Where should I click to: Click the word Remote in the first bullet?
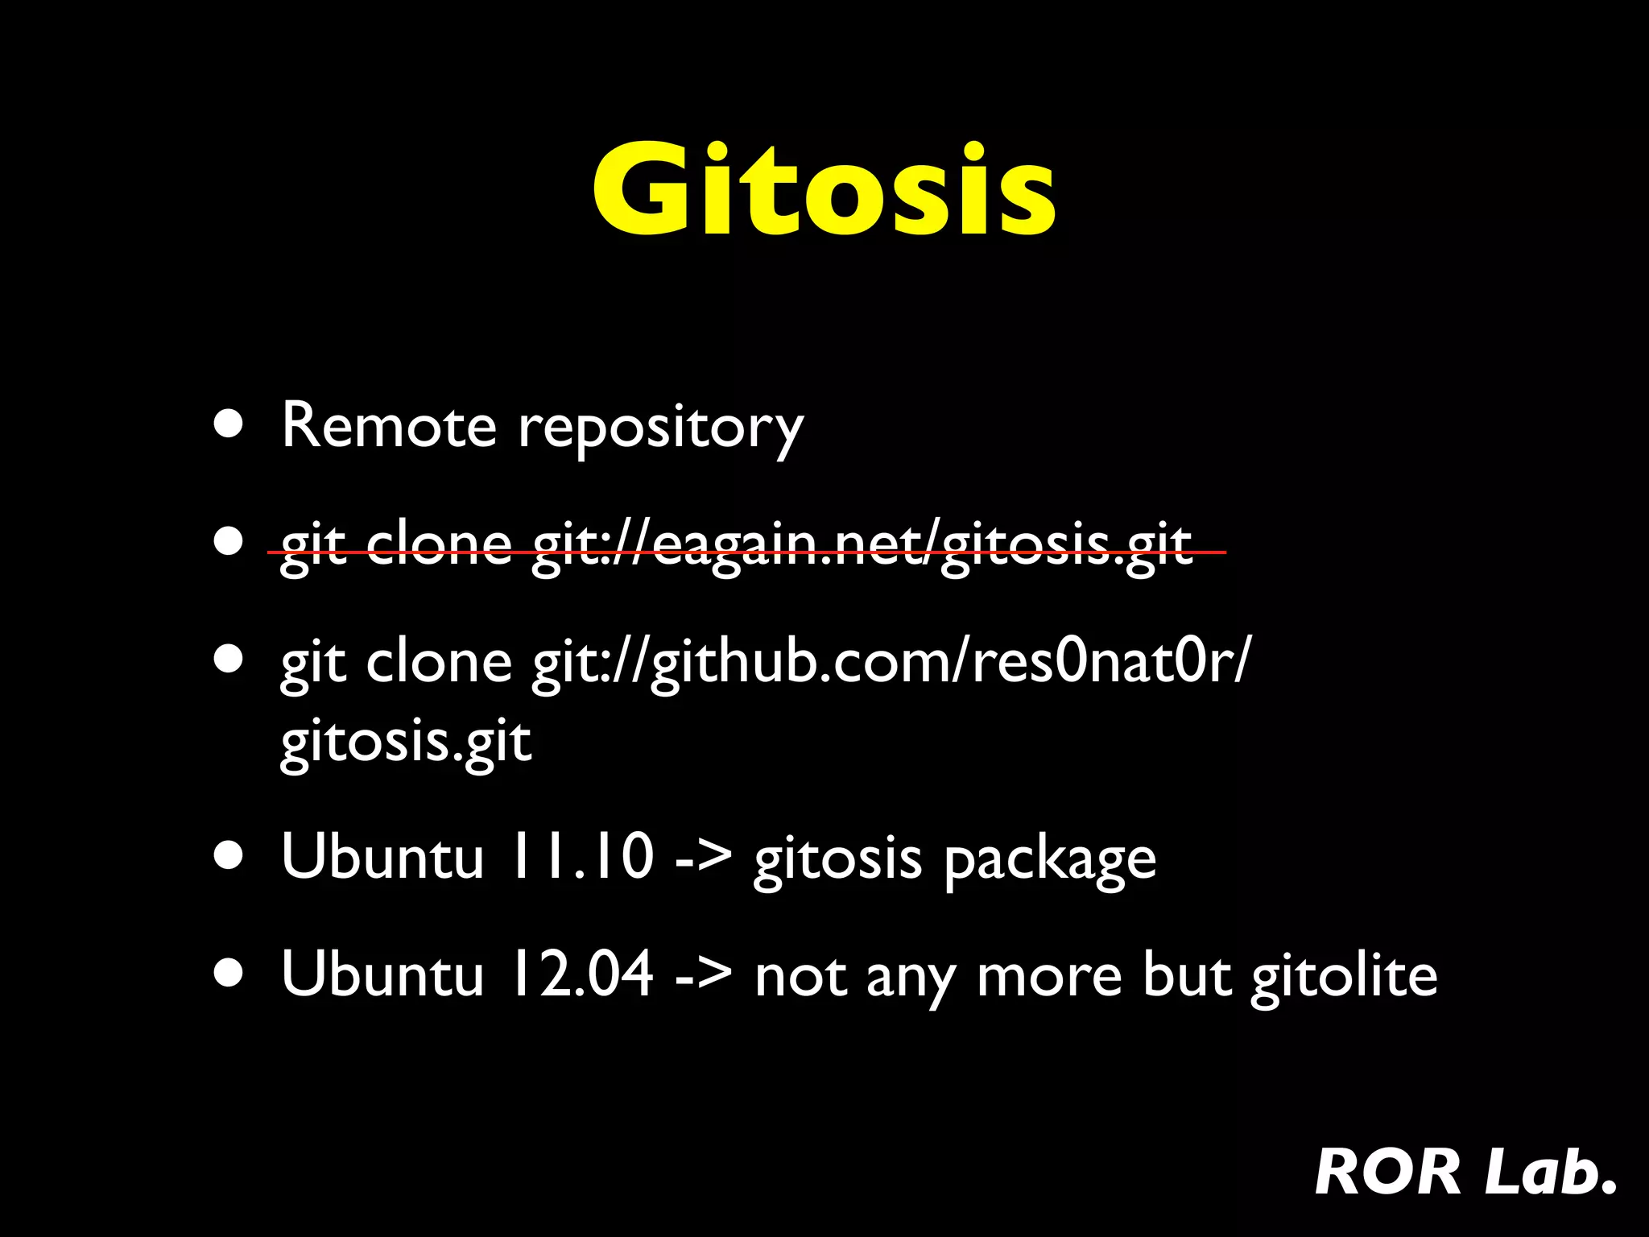pos(389,425)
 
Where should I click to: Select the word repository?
pos(660,427)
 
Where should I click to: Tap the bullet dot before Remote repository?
pos(229,424)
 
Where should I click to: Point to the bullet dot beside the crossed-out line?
pos(229,542)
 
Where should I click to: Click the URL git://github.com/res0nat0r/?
pos(891,662)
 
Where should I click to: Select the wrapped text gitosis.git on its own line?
pos(406,741)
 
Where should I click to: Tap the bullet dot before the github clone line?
pos(229,659)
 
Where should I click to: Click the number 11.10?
pos(580,856)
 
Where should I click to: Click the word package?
pos(1050,860)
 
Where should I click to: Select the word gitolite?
pos(1344,976)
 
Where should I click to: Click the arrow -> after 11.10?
pos(703,858)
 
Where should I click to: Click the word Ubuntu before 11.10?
pos(382,856)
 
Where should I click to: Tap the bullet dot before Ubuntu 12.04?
pos(229,973)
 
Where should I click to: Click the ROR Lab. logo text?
pos(1465,1172)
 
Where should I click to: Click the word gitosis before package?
pos(837,858)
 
